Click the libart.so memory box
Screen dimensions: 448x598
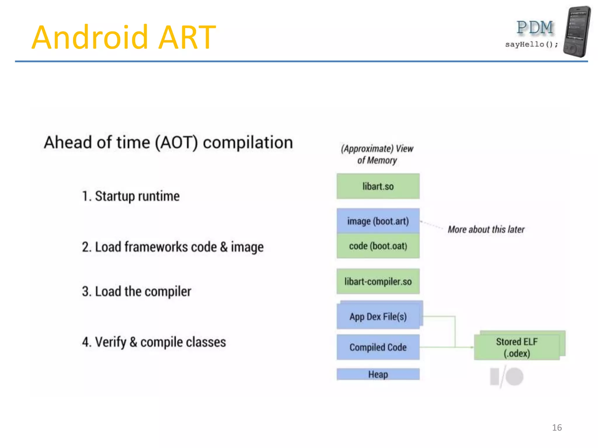(378, 186)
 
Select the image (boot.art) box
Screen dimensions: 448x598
(378, 221)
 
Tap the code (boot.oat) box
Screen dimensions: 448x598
(378, 246)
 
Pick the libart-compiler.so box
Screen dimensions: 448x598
(378, 281)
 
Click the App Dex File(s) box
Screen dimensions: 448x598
(378, 316)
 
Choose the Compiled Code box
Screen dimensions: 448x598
(378, 347)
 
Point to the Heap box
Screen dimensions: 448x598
(378, 374)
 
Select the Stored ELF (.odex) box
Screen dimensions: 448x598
(517, 347)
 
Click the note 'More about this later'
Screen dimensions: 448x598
(486, 230)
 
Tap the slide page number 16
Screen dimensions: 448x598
(557, 428)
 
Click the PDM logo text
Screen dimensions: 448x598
(535, 28)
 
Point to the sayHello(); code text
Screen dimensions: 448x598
(531, 44)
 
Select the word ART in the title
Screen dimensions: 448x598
(187, 37)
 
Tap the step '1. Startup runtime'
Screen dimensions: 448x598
(131, 196)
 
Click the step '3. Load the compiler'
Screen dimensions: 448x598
(136, 291)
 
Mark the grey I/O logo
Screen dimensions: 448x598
(506, 377)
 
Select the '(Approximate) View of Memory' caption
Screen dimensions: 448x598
(377, 154)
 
